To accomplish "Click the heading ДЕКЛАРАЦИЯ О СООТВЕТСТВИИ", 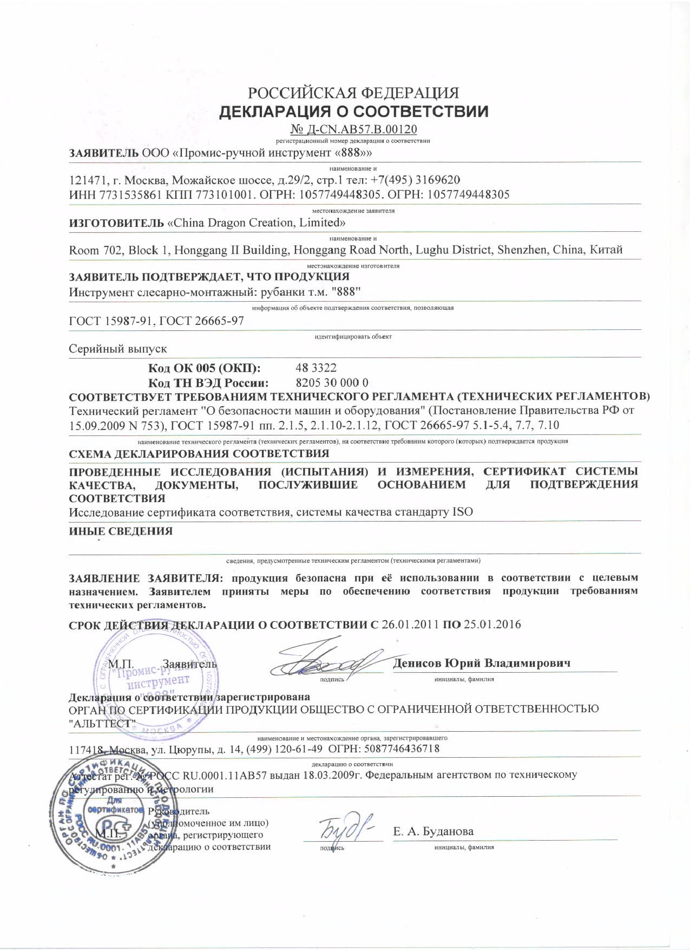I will pyautogui.click(x=353, y=112).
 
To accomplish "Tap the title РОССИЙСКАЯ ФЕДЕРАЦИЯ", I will pyautogui.click(x=353, y=93).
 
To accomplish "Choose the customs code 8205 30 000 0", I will pyautogui.click(x=332, y=382).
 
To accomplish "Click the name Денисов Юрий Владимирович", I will pyautogui.click(x=482, y=663).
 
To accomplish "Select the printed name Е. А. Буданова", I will pyautogui.click(x=433, y=831).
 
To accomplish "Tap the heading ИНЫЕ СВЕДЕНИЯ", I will pyautogui.click(x=121, y=531).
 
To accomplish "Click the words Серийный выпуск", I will pyautogui.click(x=118, y=349).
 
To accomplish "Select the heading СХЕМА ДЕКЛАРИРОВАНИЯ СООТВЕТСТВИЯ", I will pyautogui.click(x=199, y=453).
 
